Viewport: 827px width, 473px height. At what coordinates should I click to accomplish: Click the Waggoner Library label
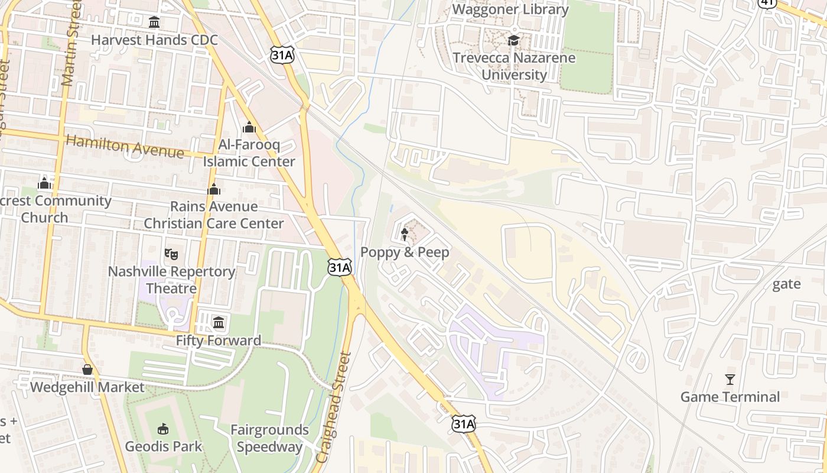click(x=510, y=9)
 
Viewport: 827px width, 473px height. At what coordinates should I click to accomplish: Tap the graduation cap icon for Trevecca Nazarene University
click(x=513, y=40)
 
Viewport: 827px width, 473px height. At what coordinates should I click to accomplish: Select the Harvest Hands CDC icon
click(x=154, y=22)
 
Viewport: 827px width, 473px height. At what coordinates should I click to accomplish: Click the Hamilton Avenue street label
click(x=125, y=146)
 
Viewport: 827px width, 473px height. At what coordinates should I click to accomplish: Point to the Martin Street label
click(x=71, y=44)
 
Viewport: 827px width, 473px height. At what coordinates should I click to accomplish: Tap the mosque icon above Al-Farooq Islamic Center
click(x=249, y=127)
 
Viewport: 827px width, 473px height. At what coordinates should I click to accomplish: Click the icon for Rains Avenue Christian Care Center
click(x=214, y=189)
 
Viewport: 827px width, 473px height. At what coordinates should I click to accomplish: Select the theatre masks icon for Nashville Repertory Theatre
click(x=171, y=254)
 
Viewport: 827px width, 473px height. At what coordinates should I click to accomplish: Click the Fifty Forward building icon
click(x=219, y=323)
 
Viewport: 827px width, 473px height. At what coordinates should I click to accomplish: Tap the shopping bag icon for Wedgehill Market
click(x=87, y=370)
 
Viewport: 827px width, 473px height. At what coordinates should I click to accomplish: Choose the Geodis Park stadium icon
click(x=163, y=429)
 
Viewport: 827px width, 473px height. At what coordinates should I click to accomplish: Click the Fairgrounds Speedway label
click(x=269, y=438)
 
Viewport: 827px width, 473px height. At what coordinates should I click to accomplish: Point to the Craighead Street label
click(x=334, y=408)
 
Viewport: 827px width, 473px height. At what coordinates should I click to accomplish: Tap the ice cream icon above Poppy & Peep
click(x=405, y=235)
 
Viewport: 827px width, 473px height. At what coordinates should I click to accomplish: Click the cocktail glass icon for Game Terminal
click(x=730, y=379)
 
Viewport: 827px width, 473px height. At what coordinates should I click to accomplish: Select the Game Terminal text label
click(x=730, y=397)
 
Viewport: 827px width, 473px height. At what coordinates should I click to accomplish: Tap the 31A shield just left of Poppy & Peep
click(x=340, y=268)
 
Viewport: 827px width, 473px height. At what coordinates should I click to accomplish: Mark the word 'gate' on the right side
click(x=787, y=284)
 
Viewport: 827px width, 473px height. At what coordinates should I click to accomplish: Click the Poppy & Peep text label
click(x=405, y=252)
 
